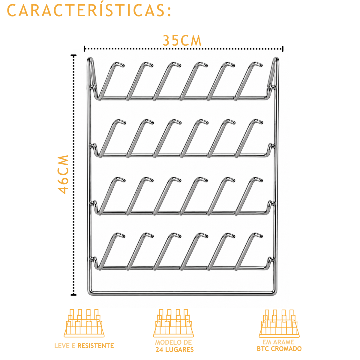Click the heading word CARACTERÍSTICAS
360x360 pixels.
coord(89,10)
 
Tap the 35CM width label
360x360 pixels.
coord(182,40)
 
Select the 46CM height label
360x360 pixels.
coord(63,174)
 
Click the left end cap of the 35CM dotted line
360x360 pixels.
coord(85,49)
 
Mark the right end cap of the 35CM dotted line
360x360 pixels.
coord(283,49)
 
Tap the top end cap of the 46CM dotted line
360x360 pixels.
coord(73,55)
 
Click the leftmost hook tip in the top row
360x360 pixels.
coord(122,65)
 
